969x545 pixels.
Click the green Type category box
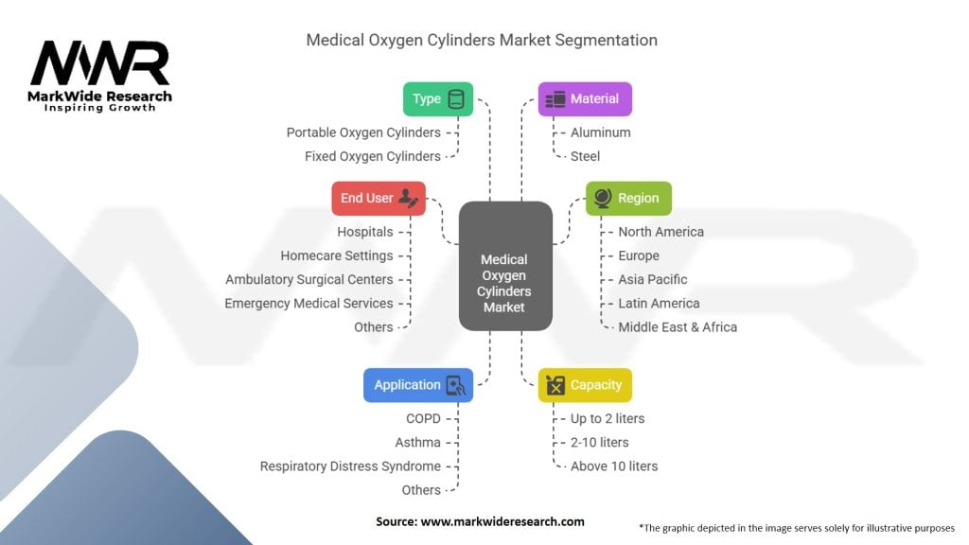(438, 98)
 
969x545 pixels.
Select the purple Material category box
(585, 98)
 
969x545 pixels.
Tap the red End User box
(379, 199)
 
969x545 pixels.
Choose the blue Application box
(418, 385)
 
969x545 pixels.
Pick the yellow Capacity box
(585, 385)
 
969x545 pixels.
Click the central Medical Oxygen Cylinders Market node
(505, 266)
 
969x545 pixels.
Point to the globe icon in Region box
(603, 198)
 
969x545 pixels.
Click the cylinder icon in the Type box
(456, 98)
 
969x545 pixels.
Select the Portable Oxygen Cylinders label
(363, 132)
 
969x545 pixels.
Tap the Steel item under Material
(585, 156)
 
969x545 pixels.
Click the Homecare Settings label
(337, 255)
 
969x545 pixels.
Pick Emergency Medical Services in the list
(309, 304)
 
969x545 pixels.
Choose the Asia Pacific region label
(653, 279)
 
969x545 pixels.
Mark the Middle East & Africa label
(678, 326)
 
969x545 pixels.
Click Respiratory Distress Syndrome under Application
(350, 466)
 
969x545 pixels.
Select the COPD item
(423, 418)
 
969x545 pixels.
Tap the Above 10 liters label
(614, 466)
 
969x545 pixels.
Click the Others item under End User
(373, 326)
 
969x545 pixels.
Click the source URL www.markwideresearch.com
(502, 521)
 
